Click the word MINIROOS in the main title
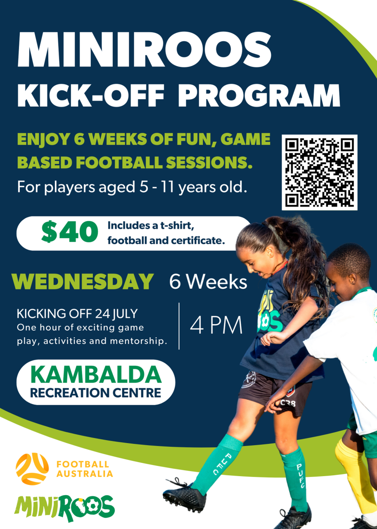coord(145,49)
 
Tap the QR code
coord(320,172)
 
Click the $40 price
coord(70,233)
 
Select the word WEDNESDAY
coord(83,282)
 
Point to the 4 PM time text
coord(216,326)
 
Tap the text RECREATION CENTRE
coord(96,393)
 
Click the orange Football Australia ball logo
coord(32,469)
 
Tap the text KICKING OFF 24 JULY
coord(77,314)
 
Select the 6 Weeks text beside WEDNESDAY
coord(208,282)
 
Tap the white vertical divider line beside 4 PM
coord(179,326)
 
